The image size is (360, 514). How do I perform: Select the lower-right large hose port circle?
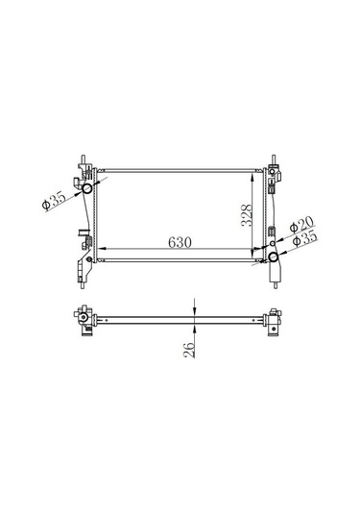click(x=274, y=258)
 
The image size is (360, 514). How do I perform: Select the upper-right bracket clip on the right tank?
click(x=279, y=174)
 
